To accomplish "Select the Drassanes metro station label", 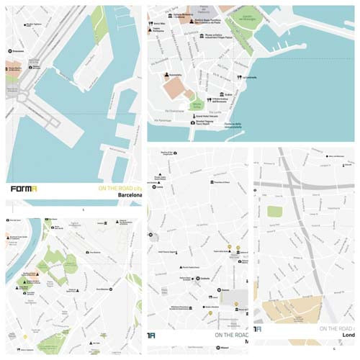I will pyautogui.click(x=17, y=53).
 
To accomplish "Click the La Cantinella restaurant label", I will pyautogui.click(x=248, y=77).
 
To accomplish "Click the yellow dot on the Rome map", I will pyautogui.click(x=25, y=336).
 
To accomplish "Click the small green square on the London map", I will pyautogui.click(x=274, y=211).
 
